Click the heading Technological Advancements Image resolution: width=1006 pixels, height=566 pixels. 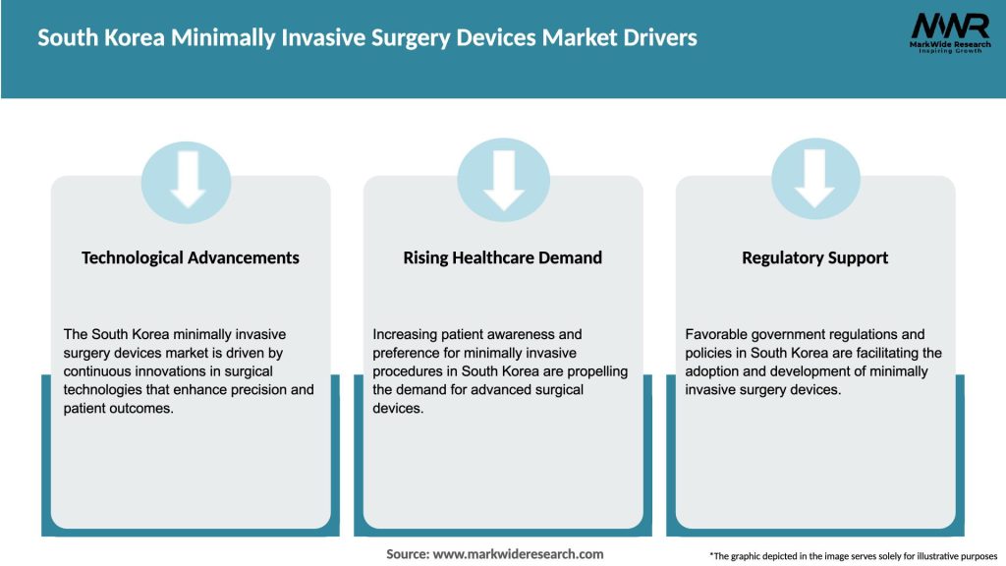click(191, 257)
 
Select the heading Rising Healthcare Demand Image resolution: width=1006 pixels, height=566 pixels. click(503, 257)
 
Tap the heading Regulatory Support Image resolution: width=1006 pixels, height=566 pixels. click(815, 257)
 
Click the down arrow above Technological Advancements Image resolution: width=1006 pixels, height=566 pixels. click(187, 179)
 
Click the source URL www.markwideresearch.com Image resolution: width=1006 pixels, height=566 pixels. click(519, 554)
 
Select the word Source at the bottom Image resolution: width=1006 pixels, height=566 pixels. click(407, 554)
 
